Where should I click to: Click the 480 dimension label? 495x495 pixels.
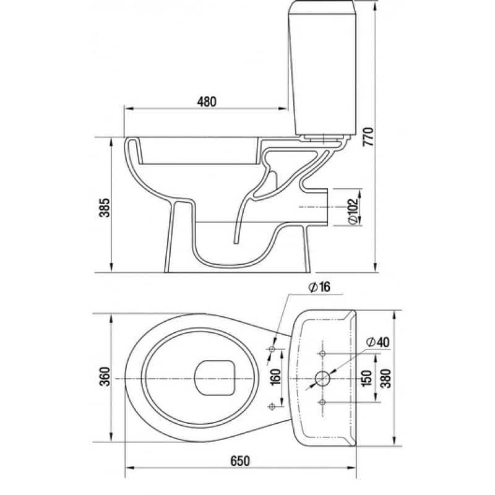(x=207, y=101)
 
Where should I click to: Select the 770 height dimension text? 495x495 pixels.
(x=368, y=136)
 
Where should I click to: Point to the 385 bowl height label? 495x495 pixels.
(x=105, y=207)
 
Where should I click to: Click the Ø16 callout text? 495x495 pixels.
(x=319, y=287)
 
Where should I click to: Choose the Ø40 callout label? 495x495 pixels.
(x=378, y=342)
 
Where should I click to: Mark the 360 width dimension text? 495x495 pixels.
(x=105, y=376)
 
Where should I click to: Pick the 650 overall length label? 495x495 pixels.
(x=240, y=461)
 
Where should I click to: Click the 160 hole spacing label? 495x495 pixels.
(x=275, y=377)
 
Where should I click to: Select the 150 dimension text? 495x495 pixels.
(x=366, y=378)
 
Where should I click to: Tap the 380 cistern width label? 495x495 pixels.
(x=385, y=378)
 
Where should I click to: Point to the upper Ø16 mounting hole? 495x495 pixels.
(x=272, y=349)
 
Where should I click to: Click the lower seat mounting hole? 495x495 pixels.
(x=272, y=407)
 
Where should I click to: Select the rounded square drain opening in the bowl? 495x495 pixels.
(x=215, y=377)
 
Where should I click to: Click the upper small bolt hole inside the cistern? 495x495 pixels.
(x=322, y=353)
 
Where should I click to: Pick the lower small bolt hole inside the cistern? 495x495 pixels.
(x=322, y=402)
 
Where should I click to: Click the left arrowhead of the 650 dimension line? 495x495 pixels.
(x=130, y=468)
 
